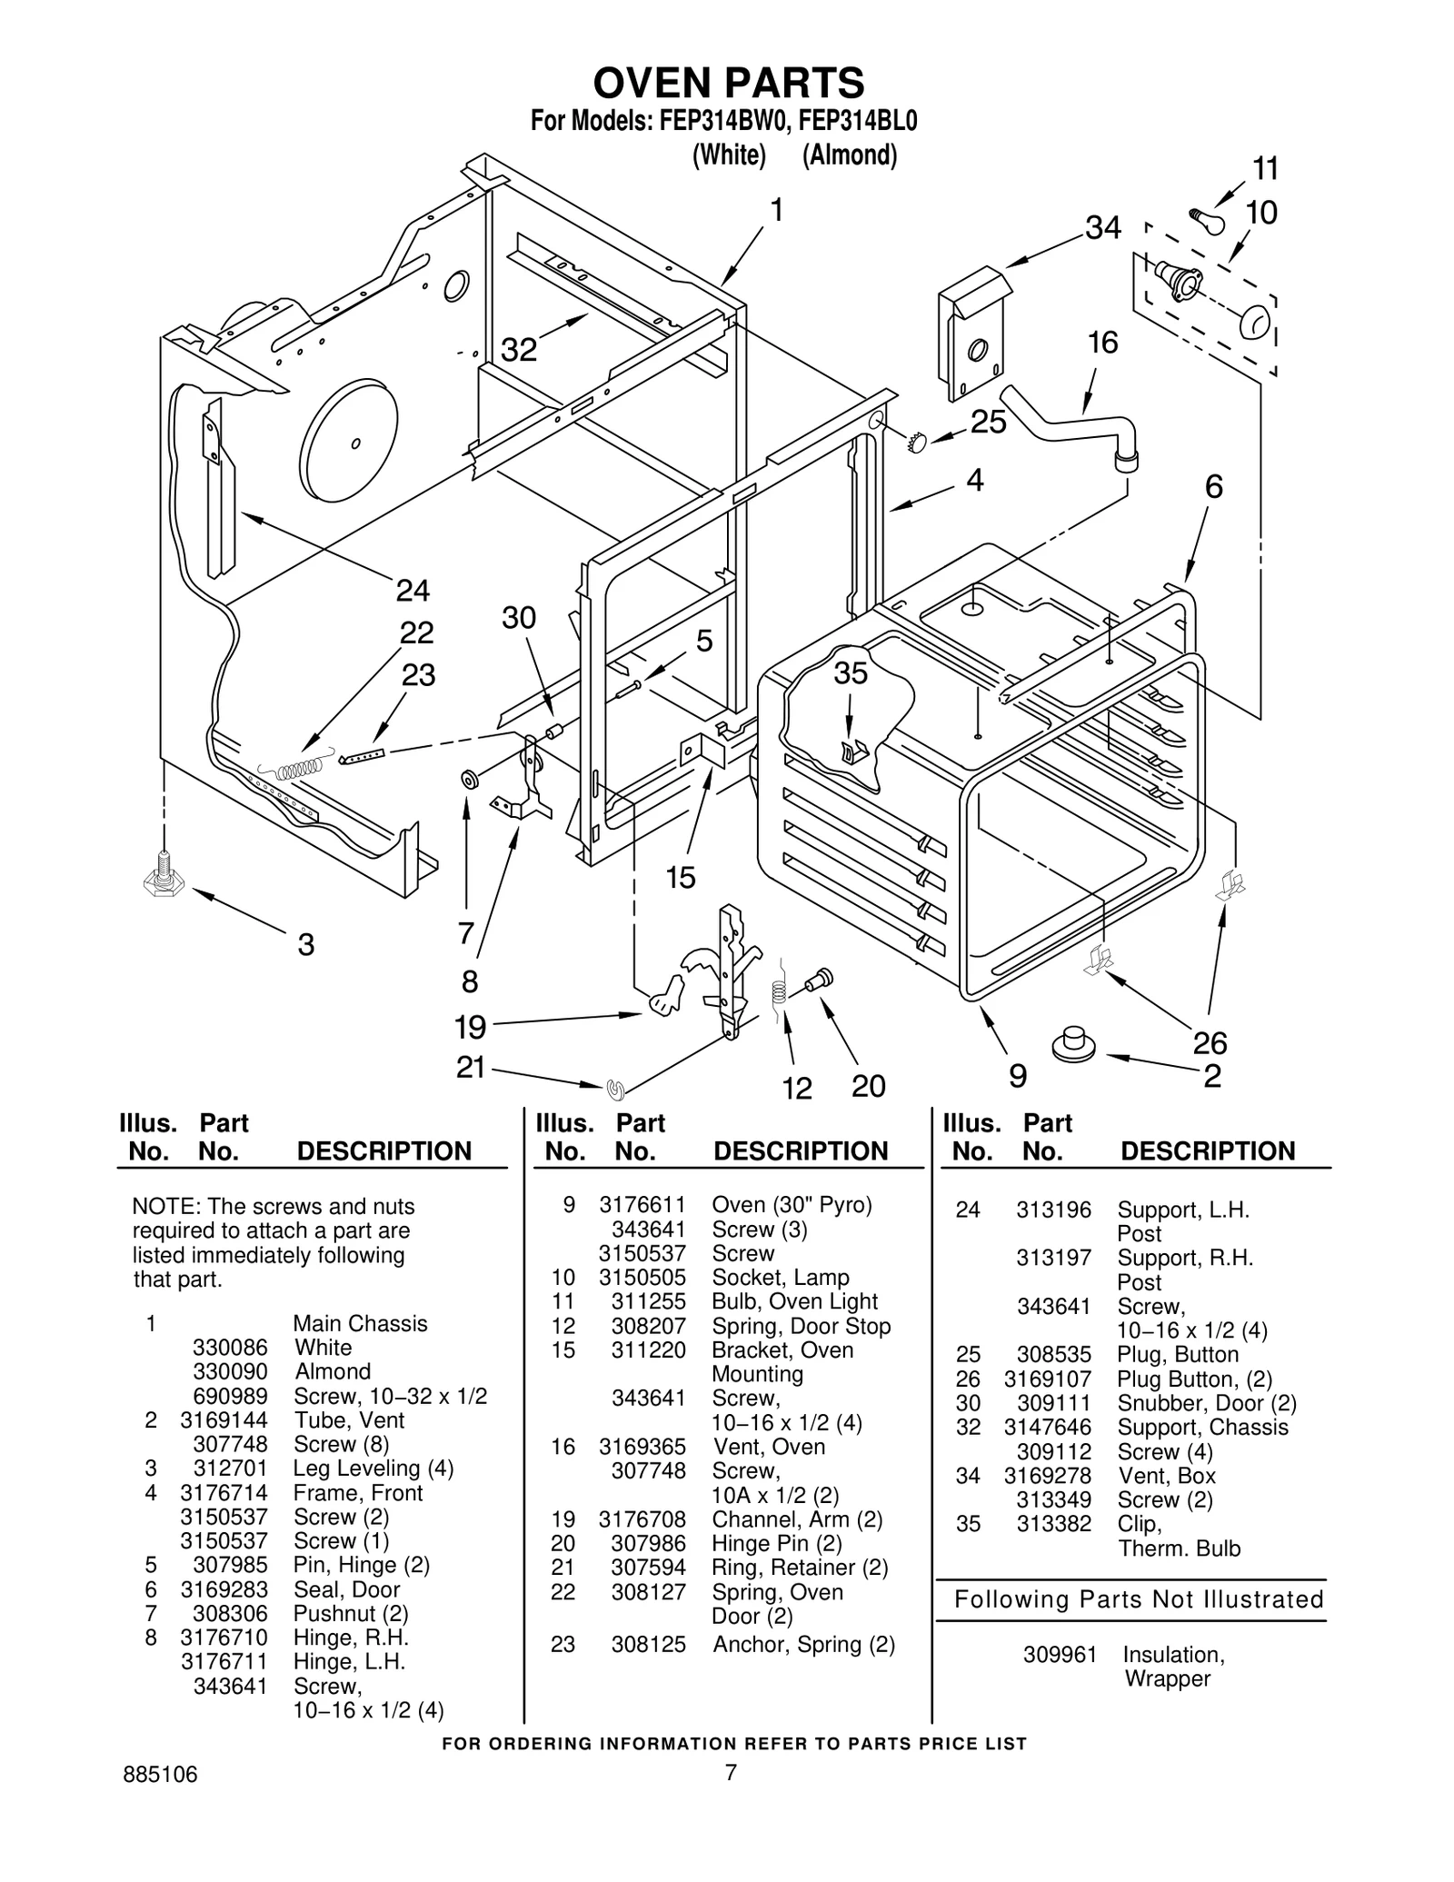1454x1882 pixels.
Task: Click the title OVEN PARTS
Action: point(728,83)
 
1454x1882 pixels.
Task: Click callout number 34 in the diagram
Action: point(1102,227)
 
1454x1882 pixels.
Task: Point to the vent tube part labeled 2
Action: point(1073,1043)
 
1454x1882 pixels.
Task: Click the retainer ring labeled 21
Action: point(615,1086)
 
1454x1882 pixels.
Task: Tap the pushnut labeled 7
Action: point(470,780)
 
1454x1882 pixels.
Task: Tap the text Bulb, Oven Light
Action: point(794,1301)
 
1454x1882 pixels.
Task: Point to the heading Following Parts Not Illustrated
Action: point(1139,1599)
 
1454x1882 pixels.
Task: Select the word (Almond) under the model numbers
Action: point(849,155)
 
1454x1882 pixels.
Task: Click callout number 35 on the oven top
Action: point(851,673)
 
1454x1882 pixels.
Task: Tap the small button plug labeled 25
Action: point(915,442)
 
